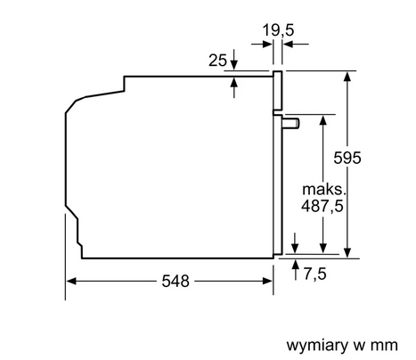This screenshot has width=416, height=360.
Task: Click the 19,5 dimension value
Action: (278, 30)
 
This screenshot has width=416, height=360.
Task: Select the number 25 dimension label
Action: (217, 61)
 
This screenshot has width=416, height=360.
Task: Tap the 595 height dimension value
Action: (347, 158)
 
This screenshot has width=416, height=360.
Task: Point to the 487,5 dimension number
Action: (322, 206)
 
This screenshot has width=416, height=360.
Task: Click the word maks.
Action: (324, 189)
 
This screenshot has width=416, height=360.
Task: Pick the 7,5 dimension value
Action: (314, 274)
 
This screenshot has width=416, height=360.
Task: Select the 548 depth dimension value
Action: (175, 281)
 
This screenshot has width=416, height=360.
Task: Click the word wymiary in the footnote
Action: (317, 346)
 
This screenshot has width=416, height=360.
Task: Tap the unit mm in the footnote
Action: (384, 346)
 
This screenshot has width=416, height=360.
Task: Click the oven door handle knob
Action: (291, 123)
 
